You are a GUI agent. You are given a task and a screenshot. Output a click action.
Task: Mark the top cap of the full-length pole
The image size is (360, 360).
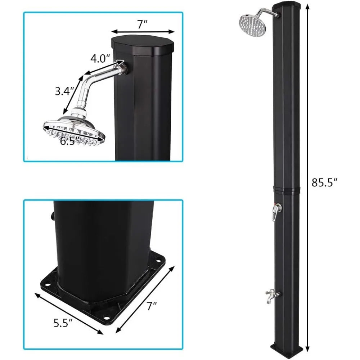pos(287,6)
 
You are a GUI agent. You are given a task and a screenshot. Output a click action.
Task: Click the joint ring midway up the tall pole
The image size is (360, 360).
pos(287,190)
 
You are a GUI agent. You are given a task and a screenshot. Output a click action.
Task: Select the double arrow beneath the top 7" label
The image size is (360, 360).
pos(143,32)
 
